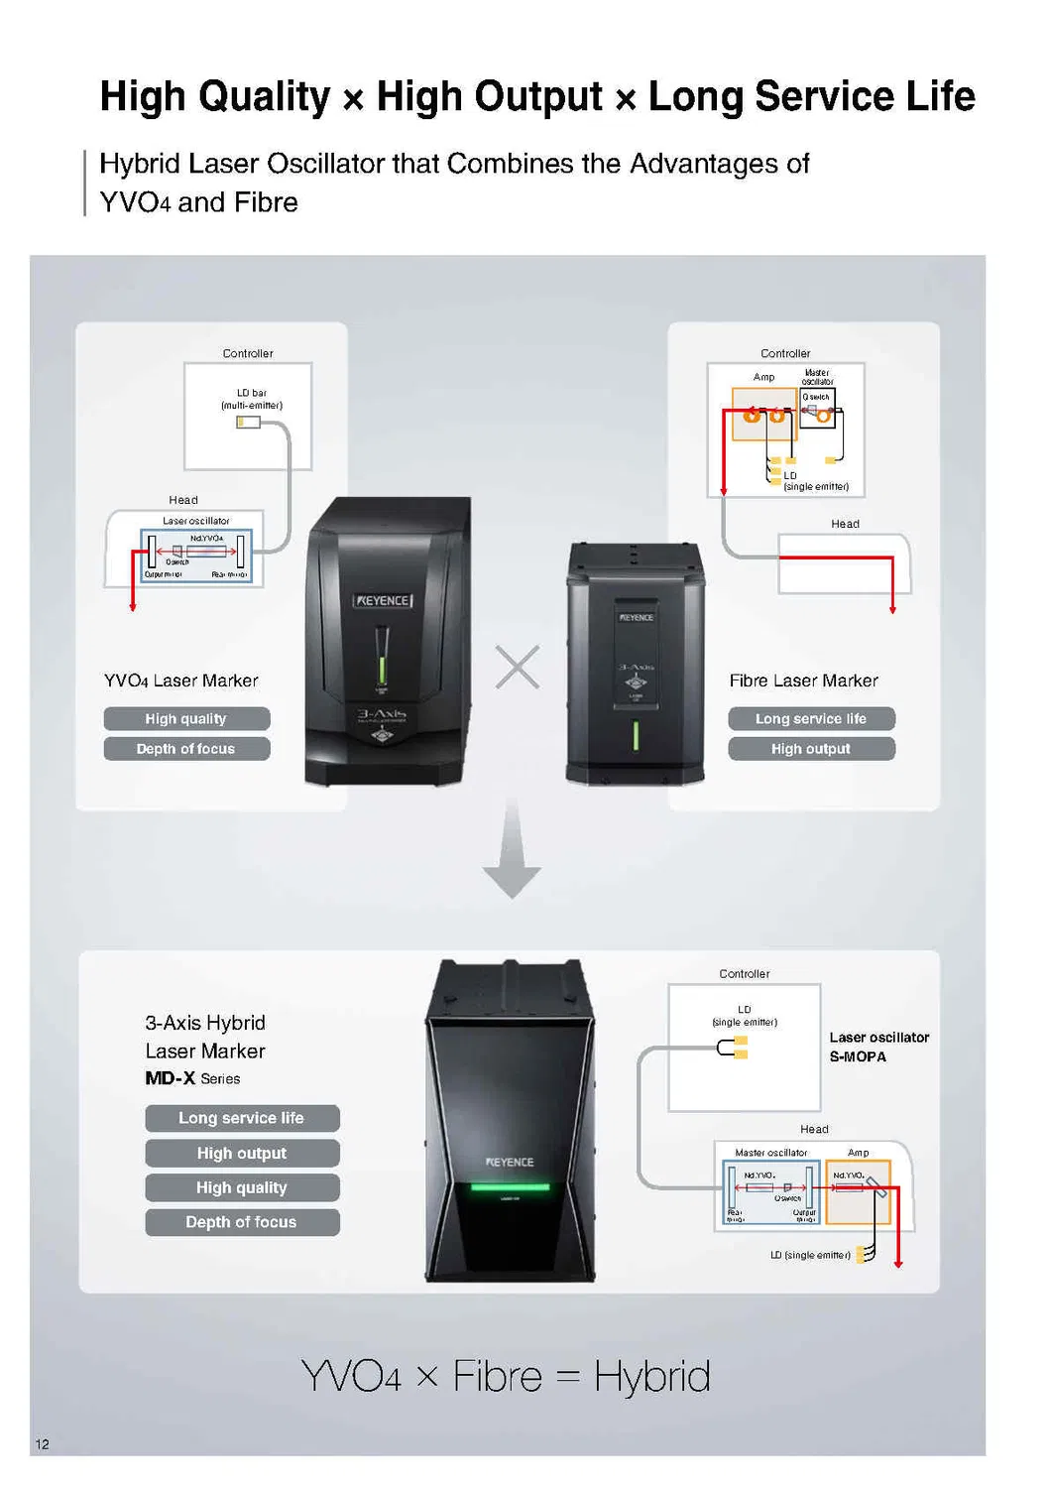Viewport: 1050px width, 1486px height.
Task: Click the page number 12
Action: tap(42, 1443)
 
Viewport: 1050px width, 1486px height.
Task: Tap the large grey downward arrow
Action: tap(512, 853)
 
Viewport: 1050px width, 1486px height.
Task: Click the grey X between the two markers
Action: tap(518, 667)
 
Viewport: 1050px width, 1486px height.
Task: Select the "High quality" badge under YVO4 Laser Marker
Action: tap(186, 718)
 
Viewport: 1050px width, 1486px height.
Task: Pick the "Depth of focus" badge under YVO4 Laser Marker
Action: tap(186, 748)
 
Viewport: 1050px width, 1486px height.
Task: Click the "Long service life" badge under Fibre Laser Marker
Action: tap(811, 718)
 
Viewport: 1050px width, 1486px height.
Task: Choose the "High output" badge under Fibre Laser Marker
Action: tap(811, 748)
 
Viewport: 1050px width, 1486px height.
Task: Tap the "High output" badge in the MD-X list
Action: tap(242, 1153)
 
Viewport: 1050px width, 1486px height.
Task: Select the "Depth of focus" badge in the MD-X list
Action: tap(242, 1222)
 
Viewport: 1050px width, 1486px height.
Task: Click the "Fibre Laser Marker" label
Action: tap(803, 681)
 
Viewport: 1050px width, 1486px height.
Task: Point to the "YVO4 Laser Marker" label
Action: tap(180, 681)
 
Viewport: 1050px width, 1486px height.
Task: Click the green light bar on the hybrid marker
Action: tap(510, 1186)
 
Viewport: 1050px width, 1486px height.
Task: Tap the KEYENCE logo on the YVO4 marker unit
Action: tap(383, 600)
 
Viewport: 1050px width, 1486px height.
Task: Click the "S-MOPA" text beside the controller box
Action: tap(858, 1056)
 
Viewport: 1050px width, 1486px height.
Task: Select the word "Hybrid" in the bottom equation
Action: tap(651, 1377)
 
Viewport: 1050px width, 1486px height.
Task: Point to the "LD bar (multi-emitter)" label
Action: tap(252, 399)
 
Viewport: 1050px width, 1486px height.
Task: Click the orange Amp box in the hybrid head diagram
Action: tap(858, 1190)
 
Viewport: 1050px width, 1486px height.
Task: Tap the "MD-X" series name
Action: tap(170, 1078)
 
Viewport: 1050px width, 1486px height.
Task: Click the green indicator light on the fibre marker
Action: tap(636, 736)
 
